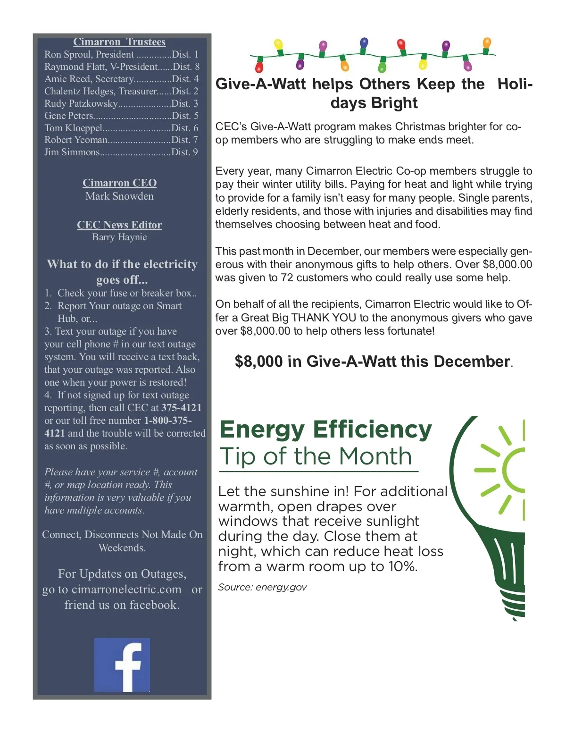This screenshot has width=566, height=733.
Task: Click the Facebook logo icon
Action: click(x=122, y=665)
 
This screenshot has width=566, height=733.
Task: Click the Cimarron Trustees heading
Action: click(x=119, y=42)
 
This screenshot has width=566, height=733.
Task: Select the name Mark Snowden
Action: click(x=119, y=196)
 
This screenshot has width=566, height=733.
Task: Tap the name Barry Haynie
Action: click(x=119, y=237)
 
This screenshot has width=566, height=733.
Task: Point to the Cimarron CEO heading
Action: click(x=119, y=183)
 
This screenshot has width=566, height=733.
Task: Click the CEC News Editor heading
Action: click(x=119, y=225)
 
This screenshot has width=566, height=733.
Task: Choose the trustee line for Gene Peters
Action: click(x=121, y=116)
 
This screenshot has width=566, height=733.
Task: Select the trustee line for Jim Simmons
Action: click(x=121, y=152)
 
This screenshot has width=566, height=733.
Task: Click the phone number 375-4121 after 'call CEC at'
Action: click(x=182, y=408)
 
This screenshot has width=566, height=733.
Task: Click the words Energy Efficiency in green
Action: click(x=325, y=430)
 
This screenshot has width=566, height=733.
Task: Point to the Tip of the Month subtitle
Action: click(x=316, y=456)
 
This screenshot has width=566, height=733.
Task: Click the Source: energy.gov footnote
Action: click(x=262, y=587)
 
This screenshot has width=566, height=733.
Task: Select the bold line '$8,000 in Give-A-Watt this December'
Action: click(x=373, y=362)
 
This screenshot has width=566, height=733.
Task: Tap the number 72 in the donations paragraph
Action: click(x=287, y=278)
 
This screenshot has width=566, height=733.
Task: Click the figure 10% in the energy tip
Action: click(x=403, y=566)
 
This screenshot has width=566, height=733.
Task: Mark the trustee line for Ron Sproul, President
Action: click(x=121, y=54)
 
